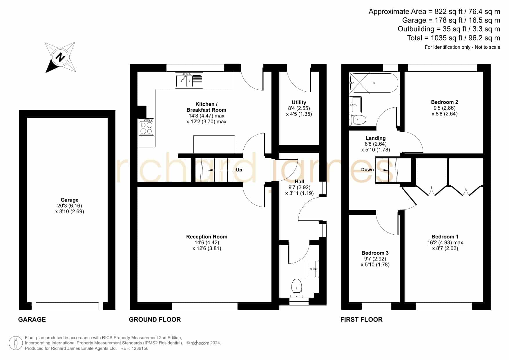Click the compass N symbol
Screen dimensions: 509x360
(60, 57)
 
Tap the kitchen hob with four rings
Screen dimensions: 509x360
(146, 127)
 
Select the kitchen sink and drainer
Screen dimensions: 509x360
(189, 80)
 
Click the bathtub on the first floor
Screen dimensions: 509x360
(374, 83)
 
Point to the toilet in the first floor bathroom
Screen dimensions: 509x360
(358, 120)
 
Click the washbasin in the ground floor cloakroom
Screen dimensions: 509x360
(312, 269)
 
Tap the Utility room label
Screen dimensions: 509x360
(299, 102)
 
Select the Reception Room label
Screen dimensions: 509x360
(207, 237)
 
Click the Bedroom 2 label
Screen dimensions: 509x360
(445, 102)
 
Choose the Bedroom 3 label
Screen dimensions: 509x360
(375, 253)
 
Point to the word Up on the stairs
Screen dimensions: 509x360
(239, 170)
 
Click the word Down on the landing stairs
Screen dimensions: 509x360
(367, 170)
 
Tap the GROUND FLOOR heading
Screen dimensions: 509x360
(155, 320)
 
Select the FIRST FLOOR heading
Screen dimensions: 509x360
(361, 320)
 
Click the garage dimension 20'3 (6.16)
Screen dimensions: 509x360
(70, 206)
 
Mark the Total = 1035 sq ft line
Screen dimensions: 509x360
(454, 38)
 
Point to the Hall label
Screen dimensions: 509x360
(299, 182)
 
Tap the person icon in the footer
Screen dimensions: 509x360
(16, 343)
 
